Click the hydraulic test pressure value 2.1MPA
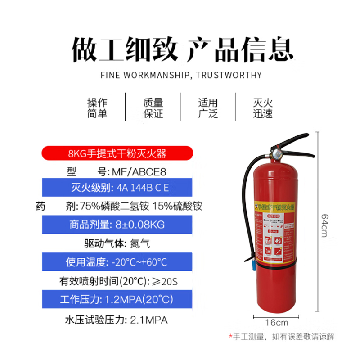(x=148, y=321)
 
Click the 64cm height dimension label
(x=324, y=225)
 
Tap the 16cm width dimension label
(x=276, y=322)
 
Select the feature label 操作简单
(x=97, y=108)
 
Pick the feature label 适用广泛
(x=208, y=108)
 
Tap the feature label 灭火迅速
(x=262, y=108)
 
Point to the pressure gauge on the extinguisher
(x=276, y=153)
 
